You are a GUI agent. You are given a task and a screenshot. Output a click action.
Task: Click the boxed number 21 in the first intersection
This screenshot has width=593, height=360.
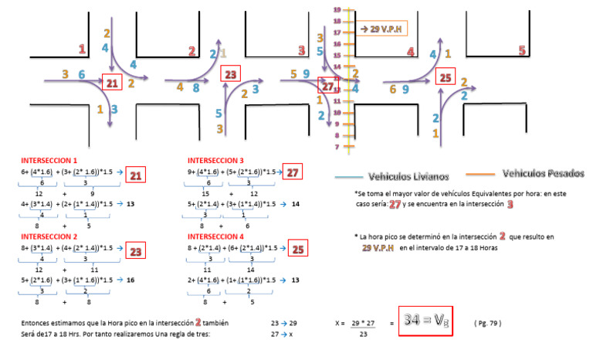(x=112, y=82)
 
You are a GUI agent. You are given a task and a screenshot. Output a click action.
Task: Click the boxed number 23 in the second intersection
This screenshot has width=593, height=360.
(x=231, y=74)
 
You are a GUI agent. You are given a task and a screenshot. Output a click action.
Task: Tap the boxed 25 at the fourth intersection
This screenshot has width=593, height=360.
(x=445, y=77)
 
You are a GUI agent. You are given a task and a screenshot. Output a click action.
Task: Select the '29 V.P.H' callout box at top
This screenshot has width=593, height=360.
(x=383, y=29)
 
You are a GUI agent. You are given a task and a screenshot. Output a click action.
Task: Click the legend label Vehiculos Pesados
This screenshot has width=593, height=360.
(x=543, y=173)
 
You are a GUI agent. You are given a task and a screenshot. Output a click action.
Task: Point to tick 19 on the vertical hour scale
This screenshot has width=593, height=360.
(x=337, y=8)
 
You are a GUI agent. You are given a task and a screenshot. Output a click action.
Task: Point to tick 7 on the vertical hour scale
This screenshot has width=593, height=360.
(x=337, y=146)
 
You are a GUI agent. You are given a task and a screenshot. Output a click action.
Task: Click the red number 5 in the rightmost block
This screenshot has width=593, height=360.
(x=523, y=51)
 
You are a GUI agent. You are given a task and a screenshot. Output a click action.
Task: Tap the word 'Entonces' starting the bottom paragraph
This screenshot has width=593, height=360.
(x=38, y=321)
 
